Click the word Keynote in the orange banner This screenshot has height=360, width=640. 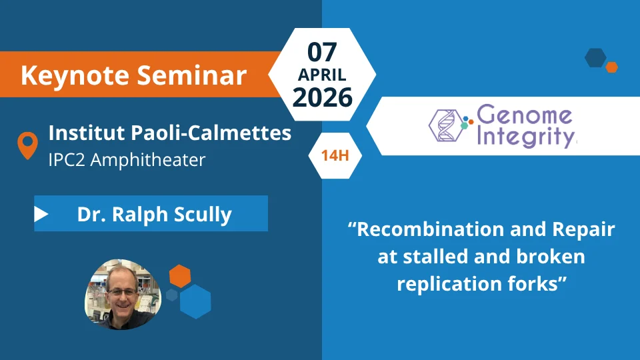[75, 76]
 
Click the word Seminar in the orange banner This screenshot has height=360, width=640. [191, 75]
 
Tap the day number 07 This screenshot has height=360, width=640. [322, 52]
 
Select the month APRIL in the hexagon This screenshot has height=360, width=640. [322, 75]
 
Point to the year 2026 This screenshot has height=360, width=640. [323, 97]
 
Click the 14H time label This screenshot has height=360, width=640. [335, 155]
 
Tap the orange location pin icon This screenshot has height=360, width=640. [28, 145]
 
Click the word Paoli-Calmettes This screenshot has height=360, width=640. [211, 133]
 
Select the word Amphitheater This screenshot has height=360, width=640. [148, 159]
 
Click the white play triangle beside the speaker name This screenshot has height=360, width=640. [41, 214]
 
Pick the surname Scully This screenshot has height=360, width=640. [203, 215]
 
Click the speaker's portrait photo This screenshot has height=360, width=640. [123, 294]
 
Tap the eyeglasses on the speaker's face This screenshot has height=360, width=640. [121, 292]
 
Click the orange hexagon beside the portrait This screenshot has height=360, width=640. [180, 276]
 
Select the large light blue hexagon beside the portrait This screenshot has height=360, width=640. [195, 301]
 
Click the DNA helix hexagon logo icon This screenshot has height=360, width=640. [446, 125]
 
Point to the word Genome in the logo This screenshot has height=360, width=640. [524, 116]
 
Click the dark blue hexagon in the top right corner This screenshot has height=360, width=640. [595, 57]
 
